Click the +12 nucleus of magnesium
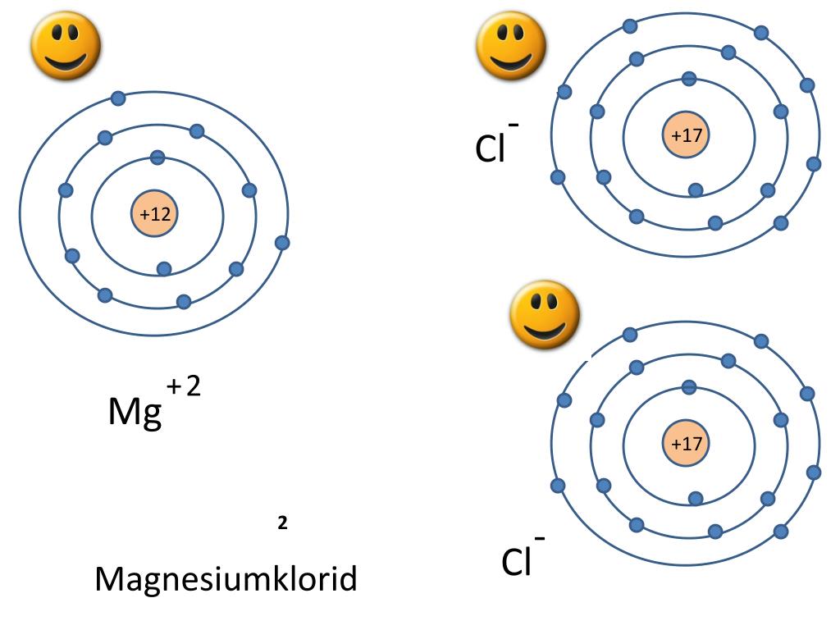(x=155, y=215)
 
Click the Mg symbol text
(x=135, y=413)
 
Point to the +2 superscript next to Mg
(x=184, y=386)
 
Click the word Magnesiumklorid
(x=226, y=579)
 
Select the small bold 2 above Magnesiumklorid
(x=282, y=523)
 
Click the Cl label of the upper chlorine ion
(x=490, y=148)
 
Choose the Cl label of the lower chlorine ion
(x=517, y=563)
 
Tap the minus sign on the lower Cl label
(x=541, y=538)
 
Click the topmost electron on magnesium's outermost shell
(x=118, y=98)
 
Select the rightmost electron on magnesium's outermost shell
(x=282, y=243)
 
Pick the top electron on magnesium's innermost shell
(x=157, y=157)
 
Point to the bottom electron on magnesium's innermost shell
(x=164, y=269)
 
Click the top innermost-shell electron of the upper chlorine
(x=689, y=79)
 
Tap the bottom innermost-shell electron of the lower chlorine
(x=696, y=498)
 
